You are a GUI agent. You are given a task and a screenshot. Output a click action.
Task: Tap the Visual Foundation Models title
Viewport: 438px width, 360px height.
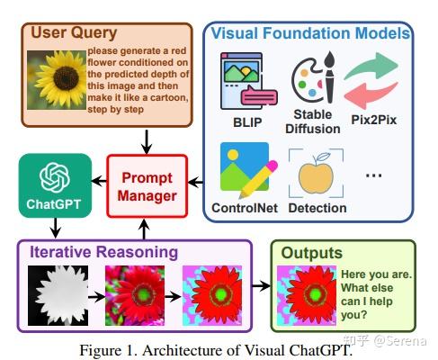tap(309, 32)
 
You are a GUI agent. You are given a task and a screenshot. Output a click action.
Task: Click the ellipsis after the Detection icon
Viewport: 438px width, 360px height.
tap(373, 175)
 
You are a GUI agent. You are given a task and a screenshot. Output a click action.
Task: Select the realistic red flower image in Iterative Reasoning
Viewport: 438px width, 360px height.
tap(137, 294)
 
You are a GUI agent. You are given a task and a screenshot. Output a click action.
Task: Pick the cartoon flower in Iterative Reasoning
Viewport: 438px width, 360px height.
tap(213, 294)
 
